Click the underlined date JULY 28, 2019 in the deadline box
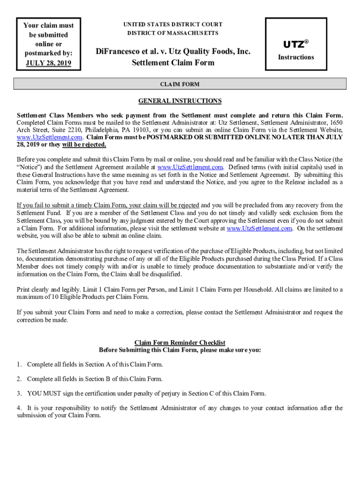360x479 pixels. (x=48, y=63)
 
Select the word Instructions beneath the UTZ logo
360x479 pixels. (x=296, y=57)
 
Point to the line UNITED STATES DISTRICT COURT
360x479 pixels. (x=173, y=24)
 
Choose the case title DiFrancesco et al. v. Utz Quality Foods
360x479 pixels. (x=173, y=51)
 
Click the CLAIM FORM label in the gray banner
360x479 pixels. (x=180, y=84)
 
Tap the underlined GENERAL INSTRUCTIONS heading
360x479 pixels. (x=180, y=101)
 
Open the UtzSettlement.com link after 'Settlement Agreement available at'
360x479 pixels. (x=191, y=167)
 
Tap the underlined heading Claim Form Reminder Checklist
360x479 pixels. (x=180, y=342)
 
